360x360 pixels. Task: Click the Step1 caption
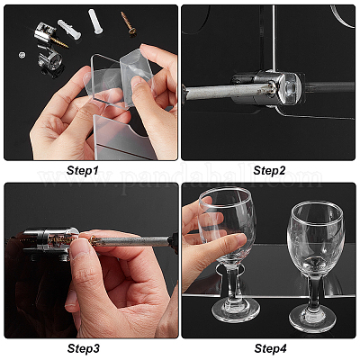tap(82, 171)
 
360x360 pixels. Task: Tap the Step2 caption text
tap(269, 171)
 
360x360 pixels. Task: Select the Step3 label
tap(83, 348)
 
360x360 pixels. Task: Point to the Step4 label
tap(270, 348)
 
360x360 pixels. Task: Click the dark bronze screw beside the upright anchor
tap(129, 22)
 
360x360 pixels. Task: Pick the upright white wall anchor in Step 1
tap(95, 22)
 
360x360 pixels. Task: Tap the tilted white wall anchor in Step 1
tap(69, 30)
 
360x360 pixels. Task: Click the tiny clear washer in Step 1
tap(22, 55)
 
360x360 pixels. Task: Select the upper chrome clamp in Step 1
tap(45, 32)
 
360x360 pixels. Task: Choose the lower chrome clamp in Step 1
tap(49, 58)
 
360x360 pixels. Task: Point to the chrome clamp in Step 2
tap(266, 87)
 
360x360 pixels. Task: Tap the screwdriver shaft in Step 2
tap(228, 92)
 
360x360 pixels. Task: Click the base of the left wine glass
tap(236, 310)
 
